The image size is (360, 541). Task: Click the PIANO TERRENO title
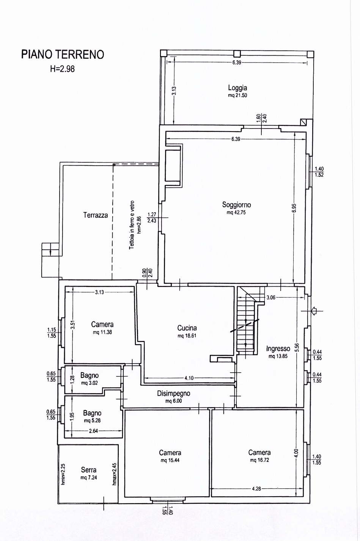[x=63, y=55]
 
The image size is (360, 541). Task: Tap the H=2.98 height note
[x=62, y=69]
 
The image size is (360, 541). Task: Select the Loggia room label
[x=237, y=88]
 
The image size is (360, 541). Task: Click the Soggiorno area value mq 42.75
[x=236, y=213]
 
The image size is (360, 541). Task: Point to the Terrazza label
[x=96, y=215]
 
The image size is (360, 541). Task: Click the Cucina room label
[x=187, y=328]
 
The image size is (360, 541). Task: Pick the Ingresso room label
[x=278, y=348]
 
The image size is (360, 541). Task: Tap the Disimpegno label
[x=174, y=394]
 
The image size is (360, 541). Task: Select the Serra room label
[x=89, y=470]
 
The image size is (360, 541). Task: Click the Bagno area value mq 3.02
[x=90, y=383]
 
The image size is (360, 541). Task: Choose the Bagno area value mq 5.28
[x=92, y=420]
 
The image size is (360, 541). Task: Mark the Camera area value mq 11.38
[x=102, y=332]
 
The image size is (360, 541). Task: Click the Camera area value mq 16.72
[x=259, y=460]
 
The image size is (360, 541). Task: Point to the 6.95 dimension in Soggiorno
[x=294, y=208]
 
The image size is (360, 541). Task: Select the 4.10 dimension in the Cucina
[x=189, y=378]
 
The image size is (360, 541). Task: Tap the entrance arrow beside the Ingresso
[x=314, y=311]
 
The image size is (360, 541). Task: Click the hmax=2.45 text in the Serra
[x=114, y=474]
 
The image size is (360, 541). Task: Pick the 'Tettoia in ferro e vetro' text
[x=132, y=225]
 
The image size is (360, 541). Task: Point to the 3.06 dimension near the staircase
[x=271, y=298]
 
